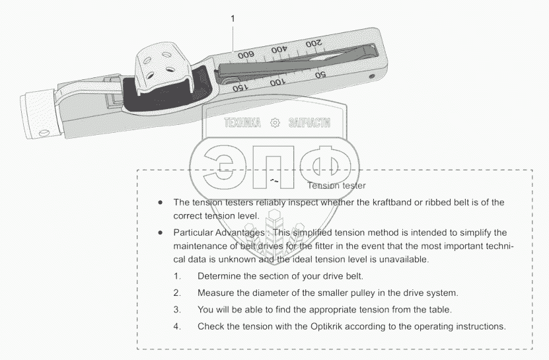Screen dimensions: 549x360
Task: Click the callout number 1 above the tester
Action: coord(233,19)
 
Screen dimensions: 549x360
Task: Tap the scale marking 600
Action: coord(246,57)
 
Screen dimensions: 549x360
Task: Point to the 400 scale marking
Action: coord(280,50)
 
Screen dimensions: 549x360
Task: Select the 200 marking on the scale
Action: coord(315,44)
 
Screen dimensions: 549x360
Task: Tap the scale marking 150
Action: coord(241,87)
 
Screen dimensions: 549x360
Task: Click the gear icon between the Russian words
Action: coord(275,123)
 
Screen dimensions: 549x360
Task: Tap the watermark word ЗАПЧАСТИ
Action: coord(309,123)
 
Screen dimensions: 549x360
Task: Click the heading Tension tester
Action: coord(336,186)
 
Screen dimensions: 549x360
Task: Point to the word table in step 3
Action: coord(437,309)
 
